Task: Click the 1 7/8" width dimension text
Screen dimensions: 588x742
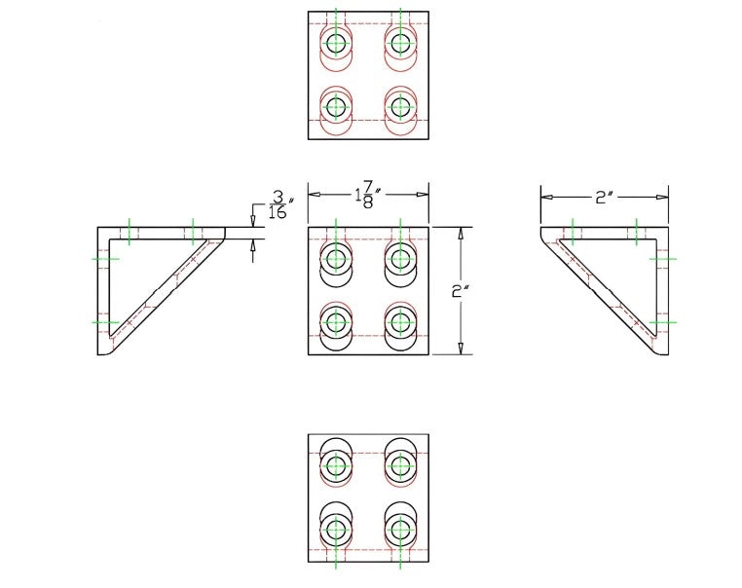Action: [x=366, y=194]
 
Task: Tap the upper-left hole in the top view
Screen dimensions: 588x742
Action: [x=337, y=43]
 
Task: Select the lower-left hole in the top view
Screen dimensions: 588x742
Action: [x=337, y=106]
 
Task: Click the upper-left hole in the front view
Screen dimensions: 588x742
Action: [x=337, y=259]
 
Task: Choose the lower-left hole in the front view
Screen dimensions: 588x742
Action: [x=337, y=320]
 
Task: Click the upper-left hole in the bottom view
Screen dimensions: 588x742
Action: [x=337, y=467]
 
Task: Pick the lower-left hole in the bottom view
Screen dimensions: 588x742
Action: [x=337, y=530]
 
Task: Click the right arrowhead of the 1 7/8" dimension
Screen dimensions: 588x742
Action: [x=423, y=194]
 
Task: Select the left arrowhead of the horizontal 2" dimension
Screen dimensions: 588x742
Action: [x=547, y=197]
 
